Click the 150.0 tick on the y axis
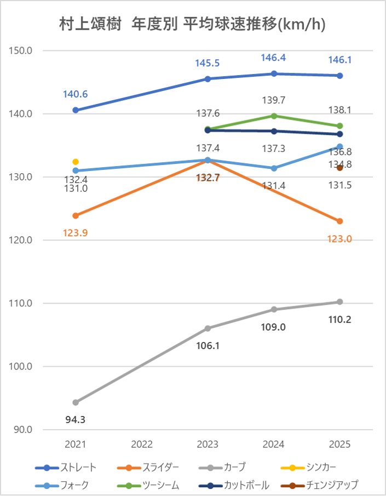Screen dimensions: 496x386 22,51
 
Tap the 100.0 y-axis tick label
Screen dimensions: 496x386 22,367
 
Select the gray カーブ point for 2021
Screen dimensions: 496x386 76,402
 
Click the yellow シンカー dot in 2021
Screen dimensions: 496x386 76,162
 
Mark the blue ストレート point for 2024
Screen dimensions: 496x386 274,73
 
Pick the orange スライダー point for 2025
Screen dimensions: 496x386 339,221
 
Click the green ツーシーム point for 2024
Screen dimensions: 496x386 274,116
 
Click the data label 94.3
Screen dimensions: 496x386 76,420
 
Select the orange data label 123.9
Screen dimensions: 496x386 76,232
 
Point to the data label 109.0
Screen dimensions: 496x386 274,327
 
